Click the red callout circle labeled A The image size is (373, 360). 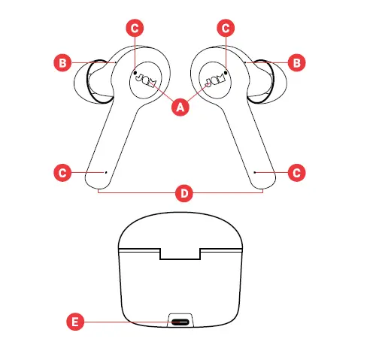pyautogui.click(x=180, y=107)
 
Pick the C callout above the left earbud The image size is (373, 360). pyautogui.click(x=135, y=28)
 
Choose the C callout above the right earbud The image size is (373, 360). pyautogui.click(x=226, y=28)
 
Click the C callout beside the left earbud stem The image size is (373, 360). pyautogui.click(x=64, y=172)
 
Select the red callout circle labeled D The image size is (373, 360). pyautogui.click(x=181, y=193)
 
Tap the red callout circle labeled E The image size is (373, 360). pyautogui.click(x=74, y=322)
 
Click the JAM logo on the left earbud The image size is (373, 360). pyautogui.click(x=146, y=80)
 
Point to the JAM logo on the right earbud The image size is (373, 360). pyautogui.click(x=215, y=80)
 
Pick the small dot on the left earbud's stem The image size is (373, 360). pyautogui.click(x=106, y=172)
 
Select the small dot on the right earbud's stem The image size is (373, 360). pyautogui.click(x=255, y=172)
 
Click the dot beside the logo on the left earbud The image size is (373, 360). pyautogui.click(x=135, y=73)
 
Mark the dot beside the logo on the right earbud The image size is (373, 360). pyautogui.click(x=226, y=73)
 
